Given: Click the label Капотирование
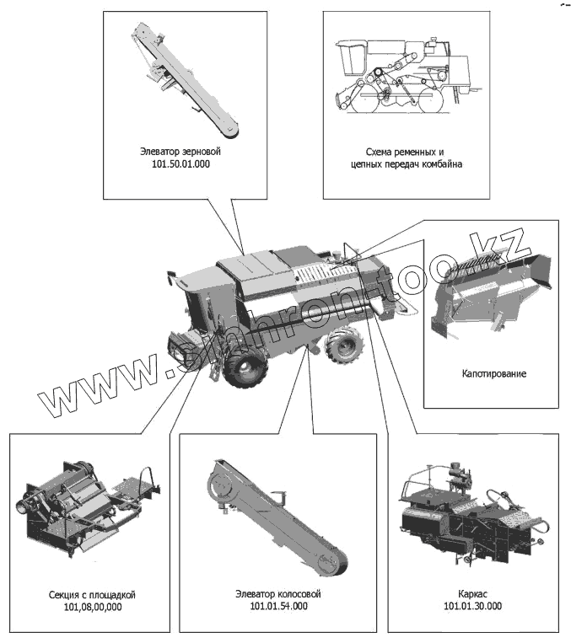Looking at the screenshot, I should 493,372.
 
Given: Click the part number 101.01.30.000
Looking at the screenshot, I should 472,607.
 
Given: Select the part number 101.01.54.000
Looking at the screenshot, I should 278,607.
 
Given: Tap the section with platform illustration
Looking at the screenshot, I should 84,506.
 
